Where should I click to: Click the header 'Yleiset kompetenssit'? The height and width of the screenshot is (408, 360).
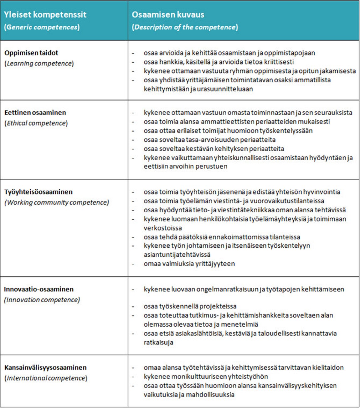click(45, 15)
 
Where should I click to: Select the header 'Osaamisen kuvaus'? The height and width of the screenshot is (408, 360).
click(168, 15)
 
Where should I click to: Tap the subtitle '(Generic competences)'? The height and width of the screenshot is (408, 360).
click(42, 27)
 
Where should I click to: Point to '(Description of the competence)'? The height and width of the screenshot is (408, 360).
click(185, 27)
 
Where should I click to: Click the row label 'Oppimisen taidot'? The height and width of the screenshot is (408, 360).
click(31, 53)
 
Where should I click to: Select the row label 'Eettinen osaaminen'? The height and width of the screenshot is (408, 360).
click(35, 113)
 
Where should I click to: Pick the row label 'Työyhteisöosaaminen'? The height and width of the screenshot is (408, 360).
click(38, 192)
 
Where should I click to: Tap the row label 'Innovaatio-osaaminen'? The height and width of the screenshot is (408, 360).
click(39, 289)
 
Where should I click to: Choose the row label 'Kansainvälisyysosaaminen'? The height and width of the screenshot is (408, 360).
click(45, 368)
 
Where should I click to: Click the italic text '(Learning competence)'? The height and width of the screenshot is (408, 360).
click(39, 64)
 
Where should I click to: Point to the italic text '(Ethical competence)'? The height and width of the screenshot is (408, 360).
click(36, 123)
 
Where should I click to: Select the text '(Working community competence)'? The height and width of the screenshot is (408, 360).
click(57, 203)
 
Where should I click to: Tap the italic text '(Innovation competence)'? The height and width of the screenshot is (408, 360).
click(42, 300)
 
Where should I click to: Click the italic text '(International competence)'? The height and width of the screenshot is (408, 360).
click(46, 378)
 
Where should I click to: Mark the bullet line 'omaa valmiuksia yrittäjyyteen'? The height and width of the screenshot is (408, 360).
click(189, 264)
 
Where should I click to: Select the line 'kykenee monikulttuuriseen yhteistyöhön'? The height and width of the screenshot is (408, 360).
click(206, 376)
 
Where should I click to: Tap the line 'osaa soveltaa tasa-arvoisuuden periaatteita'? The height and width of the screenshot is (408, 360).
click(209, 140)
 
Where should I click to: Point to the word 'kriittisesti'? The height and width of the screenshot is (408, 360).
click(278, 62)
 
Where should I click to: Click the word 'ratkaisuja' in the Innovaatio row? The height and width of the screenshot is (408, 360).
click(158, 342)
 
